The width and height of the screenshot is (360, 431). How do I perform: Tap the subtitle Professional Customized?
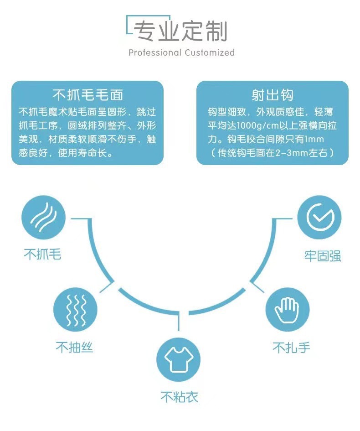[181, 53]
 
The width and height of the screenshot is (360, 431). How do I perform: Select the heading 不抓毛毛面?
[87, 95]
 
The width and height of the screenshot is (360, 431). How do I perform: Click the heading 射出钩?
[272, 95]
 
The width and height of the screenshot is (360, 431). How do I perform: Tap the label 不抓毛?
[42, 254]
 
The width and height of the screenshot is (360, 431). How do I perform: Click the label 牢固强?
[323, 256]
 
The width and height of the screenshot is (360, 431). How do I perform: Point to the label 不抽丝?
[75, 348]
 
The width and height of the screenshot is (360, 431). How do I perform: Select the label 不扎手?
[291, 348]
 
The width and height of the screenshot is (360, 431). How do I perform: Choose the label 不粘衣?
[180, 397]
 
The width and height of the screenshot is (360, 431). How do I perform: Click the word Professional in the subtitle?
[155, 53]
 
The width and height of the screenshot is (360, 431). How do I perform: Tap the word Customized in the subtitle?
[210, 53]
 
